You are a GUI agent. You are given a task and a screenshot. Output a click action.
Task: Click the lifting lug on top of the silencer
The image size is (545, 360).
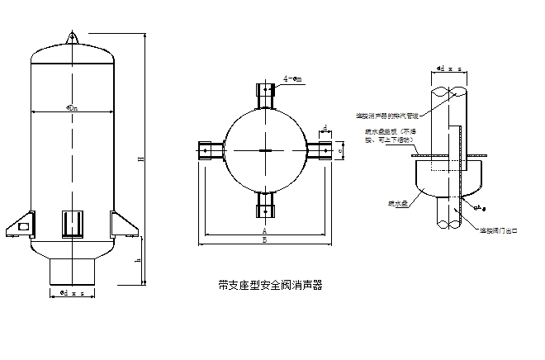pyautogui.click(x=72, y=36)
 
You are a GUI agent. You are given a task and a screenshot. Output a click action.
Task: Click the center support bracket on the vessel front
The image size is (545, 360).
pyautogui.click(x=72, y=223)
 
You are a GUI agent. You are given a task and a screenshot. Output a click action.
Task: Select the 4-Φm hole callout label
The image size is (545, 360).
pyautogui.click(x=291, y=80)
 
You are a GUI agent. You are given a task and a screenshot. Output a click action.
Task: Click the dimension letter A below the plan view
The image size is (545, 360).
pyautogui.click(x=264, y=232)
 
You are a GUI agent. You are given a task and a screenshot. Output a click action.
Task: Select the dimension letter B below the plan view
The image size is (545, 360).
pyautogui.click(x=264, y=241)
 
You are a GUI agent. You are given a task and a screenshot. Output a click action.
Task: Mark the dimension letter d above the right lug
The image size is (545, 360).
pyautogui.click(x=325, y=127)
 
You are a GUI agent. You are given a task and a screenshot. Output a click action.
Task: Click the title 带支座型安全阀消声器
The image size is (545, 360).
pyautogui.click(x=269, y=285)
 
